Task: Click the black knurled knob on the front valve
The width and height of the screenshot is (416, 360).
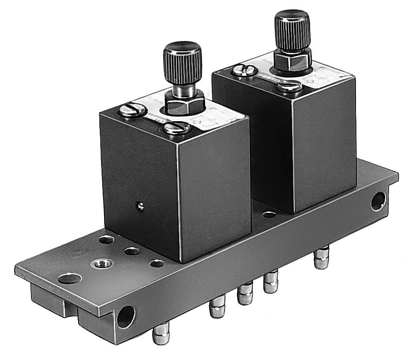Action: coord(182,62)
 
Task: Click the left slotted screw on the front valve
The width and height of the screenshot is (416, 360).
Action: coord(132,110)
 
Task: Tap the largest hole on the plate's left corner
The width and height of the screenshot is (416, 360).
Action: coord(70,278)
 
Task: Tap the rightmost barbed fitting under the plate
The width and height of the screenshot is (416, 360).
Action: coord(322,258)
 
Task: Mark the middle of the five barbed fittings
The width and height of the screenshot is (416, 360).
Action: coord(244,295)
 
